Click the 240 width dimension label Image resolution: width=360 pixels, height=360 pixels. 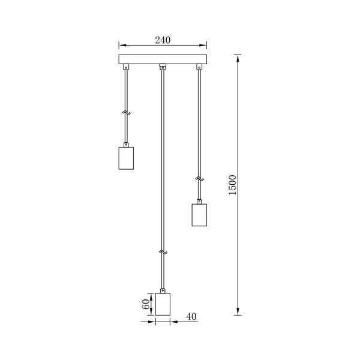pos(163,40)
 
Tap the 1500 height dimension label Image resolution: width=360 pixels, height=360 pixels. pos(233,185)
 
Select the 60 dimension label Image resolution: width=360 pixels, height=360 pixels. pos(146,304)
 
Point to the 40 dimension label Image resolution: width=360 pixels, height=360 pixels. pos(191,317)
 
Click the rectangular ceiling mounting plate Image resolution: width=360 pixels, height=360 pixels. pos(163,59)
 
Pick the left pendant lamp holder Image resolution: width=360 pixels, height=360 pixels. pos(126,158)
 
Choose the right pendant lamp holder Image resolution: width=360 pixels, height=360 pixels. pos(199,215)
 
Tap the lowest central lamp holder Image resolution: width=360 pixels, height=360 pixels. pos(163,304)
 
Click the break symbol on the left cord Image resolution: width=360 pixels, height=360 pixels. pos(126,113)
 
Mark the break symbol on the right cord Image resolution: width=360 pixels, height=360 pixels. pos(200,178)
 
